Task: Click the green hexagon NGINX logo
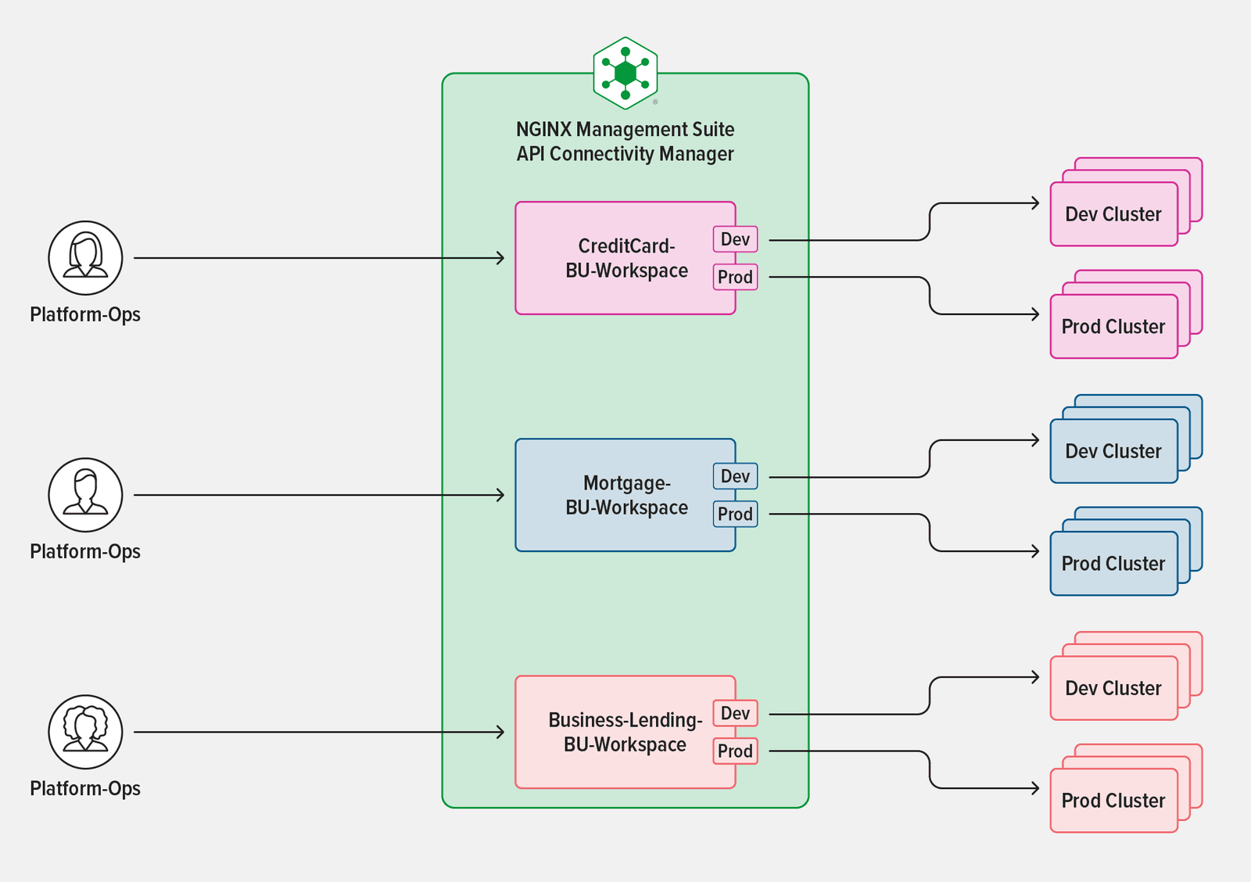[x=625, y=73]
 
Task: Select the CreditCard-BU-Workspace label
[x=626, y=258]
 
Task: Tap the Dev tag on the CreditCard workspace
[x=735, y=239]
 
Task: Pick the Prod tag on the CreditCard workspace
[x=735, y=277]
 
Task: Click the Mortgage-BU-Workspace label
[x=626, y=495]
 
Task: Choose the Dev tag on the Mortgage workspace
[x=735, y=476]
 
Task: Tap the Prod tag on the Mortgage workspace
[x=735, y=514]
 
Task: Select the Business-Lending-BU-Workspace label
[x=625, y=732]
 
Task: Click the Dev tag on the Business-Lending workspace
[x=735, y=713]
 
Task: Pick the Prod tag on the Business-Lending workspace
[x=735, y=751]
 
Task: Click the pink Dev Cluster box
[x=1113, y=214]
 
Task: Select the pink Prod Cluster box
[x=1113, y=327]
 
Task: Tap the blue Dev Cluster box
[x=1113, y=451]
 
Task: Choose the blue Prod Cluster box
[x=1113, y=564]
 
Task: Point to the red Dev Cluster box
[x=1113, y=688]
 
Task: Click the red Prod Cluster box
[x=1113, y=801]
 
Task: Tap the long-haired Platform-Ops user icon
[x=85, y=258]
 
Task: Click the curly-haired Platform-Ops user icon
[x=85, y=732]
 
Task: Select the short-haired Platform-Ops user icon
[x=85, y=495]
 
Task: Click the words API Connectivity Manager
[x=625, y=154]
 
